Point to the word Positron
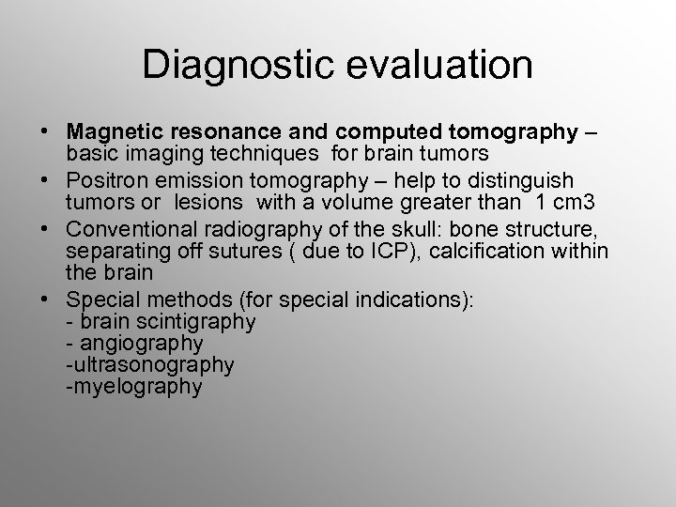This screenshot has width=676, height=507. (x=104, y=179)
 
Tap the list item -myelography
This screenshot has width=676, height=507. (x=133, y=386)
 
